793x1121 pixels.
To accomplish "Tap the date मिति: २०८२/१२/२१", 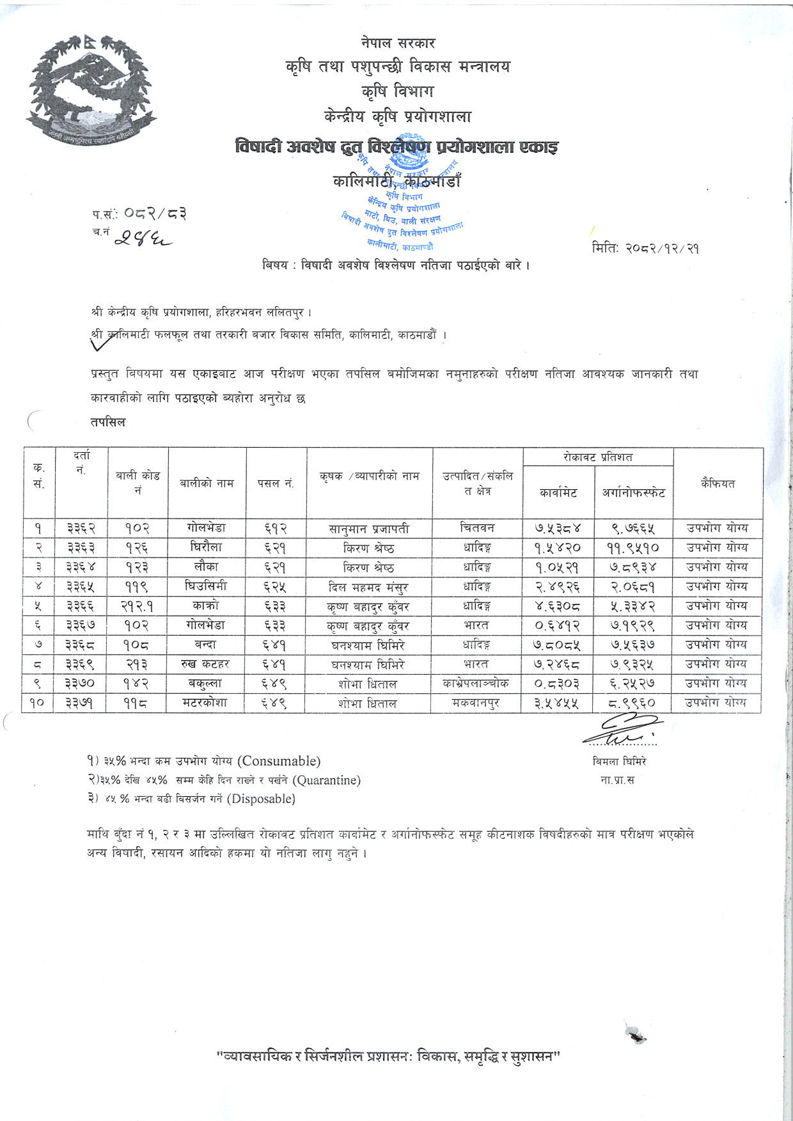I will tap(645, 248).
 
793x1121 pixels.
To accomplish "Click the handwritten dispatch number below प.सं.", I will tap(145, 238).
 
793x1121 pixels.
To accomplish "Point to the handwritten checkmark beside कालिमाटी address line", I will tap(106, 341).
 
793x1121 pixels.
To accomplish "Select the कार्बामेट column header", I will tap(558, 492).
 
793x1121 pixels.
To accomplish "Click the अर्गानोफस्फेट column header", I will tap(633, 492).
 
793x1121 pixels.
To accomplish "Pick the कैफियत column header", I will tap(718, 483).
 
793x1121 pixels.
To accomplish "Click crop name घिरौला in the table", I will tap(207, 548).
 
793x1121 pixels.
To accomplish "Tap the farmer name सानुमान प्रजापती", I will tap(369, 529).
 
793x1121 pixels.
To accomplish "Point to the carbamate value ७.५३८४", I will tap(558, 529).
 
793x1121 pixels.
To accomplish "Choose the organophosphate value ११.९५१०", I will tap(632, 548).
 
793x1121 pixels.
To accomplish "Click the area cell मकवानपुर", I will tap(476, 703).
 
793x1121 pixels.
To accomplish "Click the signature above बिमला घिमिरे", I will tap(622, 730).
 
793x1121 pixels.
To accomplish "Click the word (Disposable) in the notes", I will tap(261, 799).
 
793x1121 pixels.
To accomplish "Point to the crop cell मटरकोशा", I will tap(205, 703).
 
